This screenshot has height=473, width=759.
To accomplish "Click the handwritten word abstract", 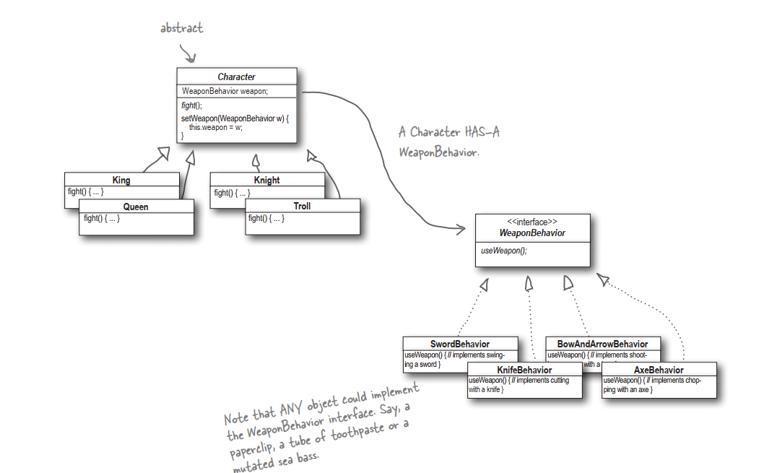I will click(x=181, y=28).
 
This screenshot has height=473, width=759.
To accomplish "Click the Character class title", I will click(x=236, y=77).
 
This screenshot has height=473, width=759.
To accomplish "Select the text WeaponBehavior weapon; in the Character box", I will click(x=225, y=91).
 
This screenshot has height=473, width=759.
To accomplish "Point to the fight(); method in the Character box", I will click(x=192, y=105).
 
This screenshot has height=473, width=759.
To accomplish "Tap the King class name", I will click(x=121, y=180).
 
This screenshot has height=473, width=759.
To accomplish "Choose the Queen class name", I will click(x=136, y=207).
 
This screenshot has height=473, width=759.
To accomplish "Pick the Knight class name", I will click(x=266, y=180).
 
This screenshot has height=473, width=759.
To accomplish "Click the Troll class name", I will click(x=302, y=206).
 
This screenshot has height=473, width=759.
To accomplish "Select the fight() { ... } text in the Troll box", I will click(x=266, y=218).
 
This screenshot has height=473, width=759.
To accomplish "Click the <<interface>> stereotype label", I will click(x=532, y=222).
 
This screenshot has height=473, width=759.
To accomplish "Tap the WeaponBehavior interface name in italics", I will click(x=532, y=233).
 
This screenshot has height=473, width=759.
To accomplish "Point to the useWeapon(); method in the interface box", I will click(x=504, y=251).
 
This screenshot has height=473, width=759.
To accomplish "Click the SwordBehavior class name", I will click(x=460, y=344).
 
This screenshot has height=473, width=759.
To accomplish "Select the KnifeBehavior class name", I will click(x=524, y=370).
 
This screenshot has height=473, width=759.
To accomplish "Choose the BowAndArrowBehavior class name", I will click(x=602, y=344).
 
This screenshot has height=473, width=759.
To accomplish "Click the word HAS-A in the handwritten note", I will click(x=480, y=133).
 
